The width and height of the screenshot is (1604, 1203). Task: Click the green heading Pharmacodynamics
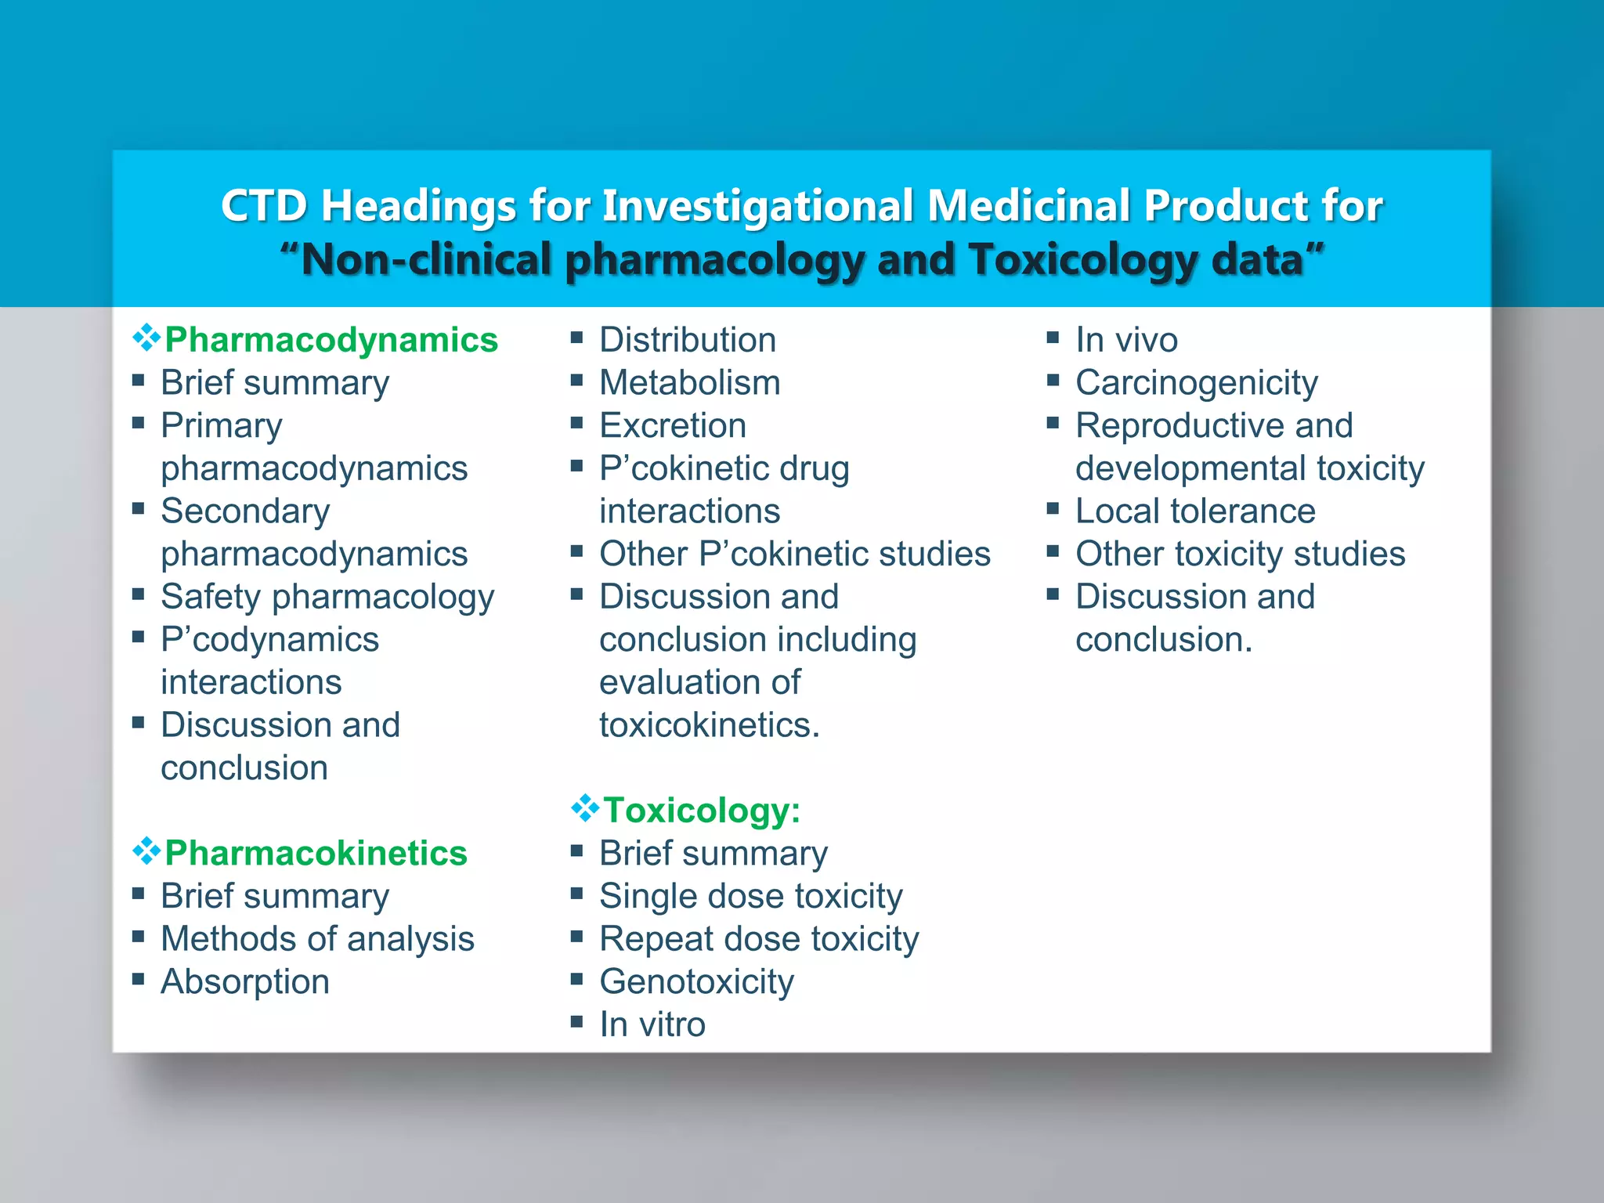(x=331, y=341)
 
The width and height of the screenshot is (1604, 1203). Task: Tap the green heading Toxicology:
(x=702, y=811)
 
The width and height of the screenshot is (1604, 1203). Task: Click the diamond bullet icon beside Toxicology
(x=584, y=808)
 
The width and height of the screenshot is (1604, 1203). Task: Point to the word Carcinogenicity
(x=1196, y=384)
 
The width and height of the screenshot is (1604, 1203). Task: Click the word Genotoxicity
(x=696, y=982)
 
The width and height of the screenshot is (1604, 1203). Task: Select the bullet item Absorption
(x=245, y=982)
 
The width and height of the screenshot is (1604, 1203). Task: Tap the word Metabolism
(x=689, y=384)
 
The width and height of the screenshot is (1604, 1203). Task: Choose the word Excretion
(x=672, y=426)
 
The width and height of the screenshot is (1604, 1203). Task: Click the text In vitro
(x=652, y=1025)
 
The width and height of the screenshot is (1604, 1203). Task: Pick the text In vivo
(x=1125, y=341)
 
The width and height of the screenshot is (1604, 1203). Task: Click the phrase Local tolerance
(x=1194, y=511)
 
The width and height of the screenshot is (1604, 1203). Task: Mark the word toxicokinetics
(x=709, y=725)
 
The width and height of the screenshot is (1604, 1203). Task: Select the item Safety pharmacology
(x=327, y=598)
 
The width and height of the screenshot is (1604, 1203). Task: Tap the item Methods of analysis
(x=317, y=939)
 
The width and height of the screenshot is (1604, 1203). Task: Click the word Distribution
(x=687, y=341)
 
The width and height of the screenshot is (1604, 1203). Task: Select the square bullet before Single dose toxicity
(x=577, y=894)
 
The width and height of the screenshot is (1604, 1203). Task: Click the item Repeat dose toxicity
(x=758, y=939)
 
